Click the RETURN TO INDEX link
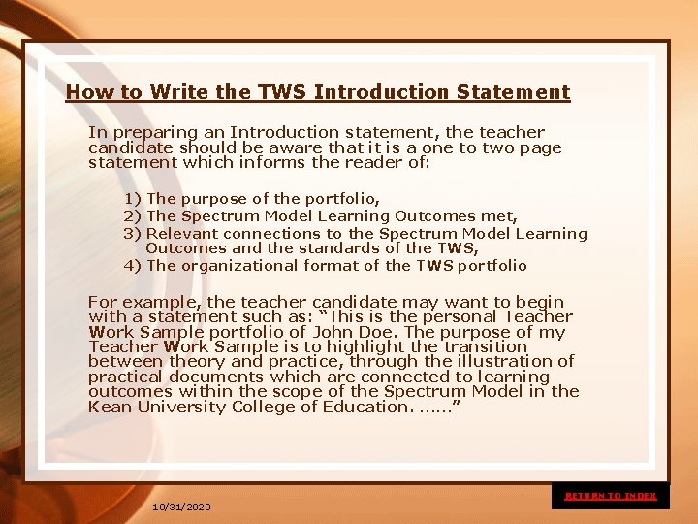tap(610, 496)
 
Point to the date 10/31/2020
tap(181, 508)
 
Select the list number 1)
tap(132, 199)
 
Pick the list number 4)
tap(132, 265)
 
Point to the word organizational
tap(242, 265)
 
